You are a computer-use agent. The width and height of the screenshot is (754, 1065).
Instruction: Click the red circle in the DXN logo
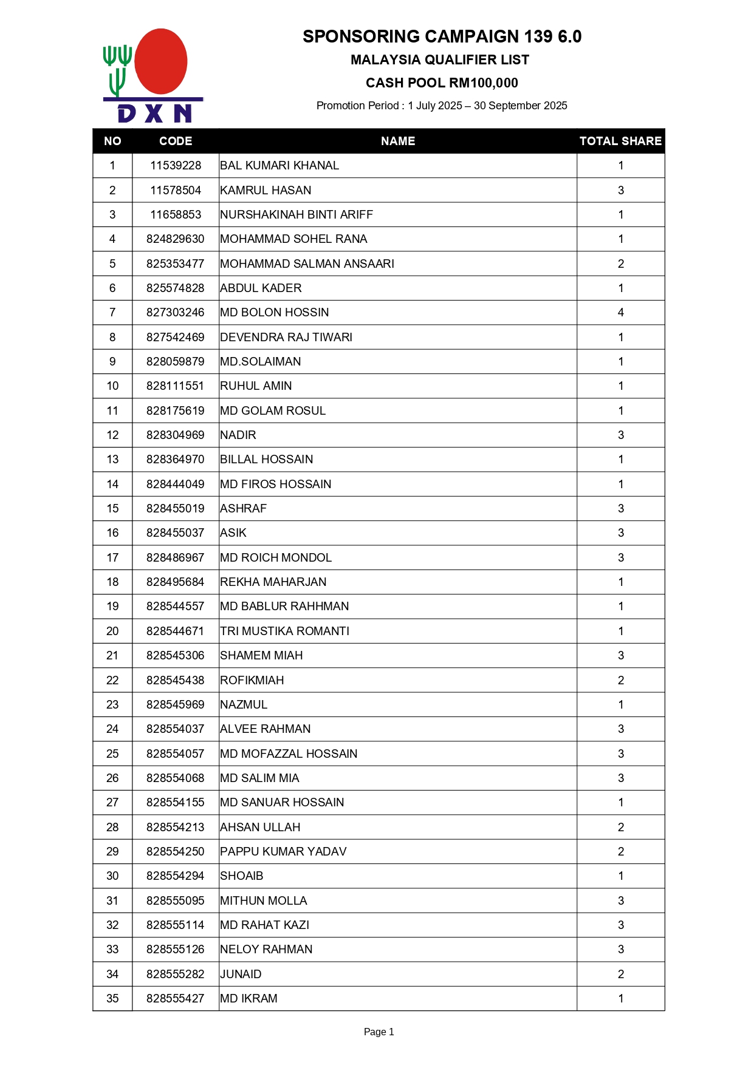click(x=160, y=61)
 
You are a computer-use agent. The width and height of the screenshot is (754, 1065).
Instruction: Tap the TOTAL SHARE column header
click(x=620, y=141)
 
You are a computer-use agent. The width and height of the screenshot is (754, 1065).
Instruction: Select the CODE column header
click(x=176, y=141)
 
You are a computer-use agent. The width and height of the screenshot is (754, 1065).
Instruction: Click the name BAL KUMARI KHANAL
click(x=279, y=166)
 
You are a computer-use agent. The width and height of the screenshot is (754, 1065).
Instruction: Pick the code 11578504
click(x=176, y=191)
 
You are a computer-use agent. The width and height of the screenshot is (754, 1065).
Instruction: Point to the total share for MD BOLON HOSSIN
click(x=620, y=313)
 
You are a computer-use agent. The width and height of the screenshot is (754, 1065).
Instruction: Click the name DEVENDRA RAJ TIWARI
click(x=286, y=338)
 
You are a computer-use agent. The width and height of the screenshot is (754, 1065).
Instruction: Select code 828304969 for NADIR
click(x=176, y=435)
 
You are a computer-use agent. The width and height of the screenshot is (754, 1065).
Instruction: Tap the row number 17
click(x=112, y=558)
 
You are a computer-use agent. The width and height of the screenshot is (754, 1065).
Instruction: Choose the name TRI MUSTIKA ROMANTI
click(x=284, y=631)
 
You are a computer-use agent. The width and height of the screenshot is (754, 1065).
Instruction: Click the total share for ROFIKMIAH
click(x=620, y=681)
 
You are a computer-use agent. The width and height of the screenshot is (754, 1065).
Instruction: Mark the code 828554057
click(x=176, y=754)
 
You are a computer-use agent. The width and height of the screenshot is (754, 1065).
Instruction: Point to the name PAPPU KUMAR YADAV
click(x=283, y=852)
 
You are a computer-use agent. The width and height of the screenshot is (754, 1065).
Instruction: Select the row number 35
click(x=112, y=999)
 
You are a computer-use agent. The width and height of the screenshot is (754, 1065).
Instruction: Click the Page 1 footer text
click(x=379, y=1032)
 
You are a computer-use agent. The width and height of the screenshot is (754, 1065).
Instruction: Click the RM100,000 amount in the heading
click(x=484, y=83)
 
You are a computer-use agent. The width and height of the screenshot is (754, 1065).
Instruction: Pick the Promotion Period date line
click(x=442, y=106)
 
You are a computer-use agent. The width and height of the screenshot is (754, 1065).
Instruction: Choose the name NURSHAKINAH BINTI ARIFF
click(x=296, y=215)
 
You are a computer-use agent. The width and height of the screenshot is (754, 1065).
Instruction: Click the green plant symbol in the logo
click(x=117, y=69)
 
